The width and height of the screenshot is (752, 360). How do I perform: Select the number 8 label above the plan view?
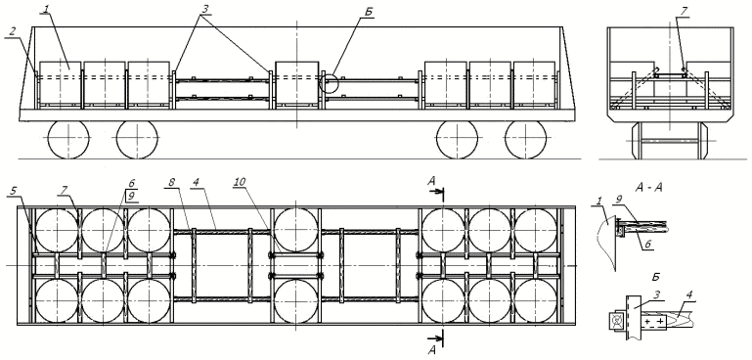point(171,183)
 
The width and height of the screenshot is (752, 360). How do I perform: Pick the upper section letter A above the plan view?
point(433,182)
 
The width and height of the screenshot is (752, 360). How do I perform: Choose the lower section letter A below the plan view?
point(433,351)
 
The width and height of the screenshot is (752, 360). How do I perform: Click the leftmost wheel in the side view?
point(68,139)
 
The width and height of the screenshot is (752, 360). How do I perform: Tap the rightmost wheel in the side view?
point(526,139)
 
